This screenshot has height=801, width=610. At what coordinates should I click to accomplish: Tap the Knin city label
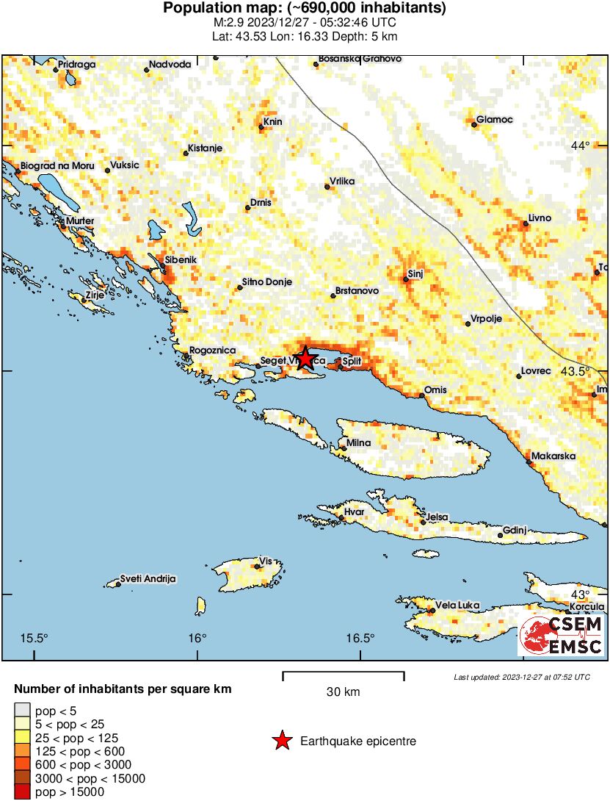point(272,122)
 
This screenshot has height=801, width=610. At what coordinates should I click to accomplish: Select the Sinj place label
point(415,274)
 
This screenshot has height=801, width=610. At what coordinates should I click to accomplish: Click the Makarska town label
point(554,456)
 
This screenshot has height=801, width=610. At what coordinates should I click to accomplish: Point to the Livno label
point(540,218)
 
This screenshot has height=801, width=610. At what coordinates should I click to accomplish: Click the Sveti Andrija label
point(148,579)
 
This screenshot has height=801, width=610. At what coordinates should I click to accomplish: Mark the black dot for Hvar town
point(341,519)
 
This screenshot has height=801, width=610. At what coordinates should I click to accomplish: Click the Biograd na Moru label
point(58,167)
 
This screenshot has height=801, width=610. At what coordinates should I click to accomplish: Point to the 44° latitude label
point(580,146)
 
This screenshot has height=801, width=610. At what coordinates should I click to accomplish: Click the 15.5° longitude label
point(35,637)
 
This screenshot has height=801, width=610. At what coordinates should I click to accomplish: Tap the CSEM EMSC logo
point(561,635)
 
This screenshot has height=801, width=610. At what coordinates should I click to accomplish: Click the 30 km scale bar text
point(343,692)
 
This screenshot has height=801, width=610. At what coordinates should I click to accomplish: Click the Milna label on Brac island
point(359,443)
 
